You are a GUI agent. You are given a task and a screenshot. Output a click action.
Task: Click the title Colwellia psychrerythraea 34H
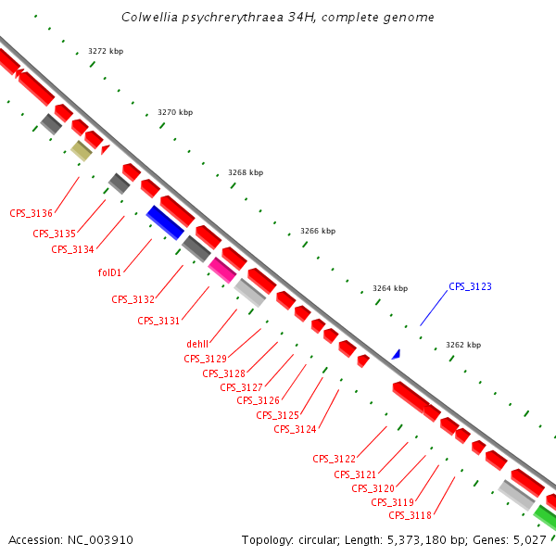[x=278, y=18]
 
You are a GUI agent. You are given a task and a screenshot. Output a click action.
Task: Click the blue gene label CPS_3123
[x=470, y=287]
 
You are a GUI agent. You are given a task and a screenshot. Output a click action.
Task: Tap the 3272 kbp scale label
[x=106, y=51]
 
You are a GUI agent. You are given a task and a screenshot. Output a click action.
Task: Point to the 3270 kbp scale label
[x=175, y=112]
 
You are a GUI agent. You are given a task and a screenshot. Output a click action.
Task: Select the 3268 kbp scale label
[x=246, y=172]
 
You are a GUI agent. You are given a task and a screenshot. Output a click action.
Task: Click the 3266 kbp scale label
[x=318, y=231]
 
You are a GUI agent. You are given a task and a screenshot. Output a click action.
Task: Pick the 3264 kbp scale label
[x=390, y=288]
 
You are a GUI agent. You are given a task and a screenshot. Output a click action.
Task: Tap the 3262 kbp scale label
[x=463, y=345]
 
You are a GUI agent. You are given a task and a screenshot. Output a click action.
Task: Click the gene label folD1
[x=110, y=273]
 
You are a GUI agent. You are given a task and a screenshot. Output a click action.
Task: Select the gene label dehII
[x=198, y=344]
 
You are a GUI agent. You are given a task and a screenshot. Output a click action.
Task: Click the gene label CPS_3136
[x=31, y=214]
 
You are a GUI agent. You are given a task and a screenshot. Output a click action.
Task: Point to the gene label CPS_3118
[x=411, y=515]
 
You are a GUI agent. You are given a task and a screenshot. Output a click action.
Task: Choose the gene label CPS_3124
[x=296, y=429]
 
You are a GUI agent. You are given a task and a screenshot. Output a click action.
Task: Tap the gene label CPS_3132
[x=133, y=299]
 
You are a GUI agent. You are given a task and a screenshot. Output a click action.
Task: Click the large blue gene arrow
[x=165, y=222]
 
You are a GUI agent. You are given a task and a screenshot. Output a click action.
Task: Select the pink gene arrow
[x=221, y=270]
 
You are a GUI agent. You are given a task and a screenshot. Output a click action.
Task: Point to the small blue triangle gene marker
[x=396, y=354]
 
